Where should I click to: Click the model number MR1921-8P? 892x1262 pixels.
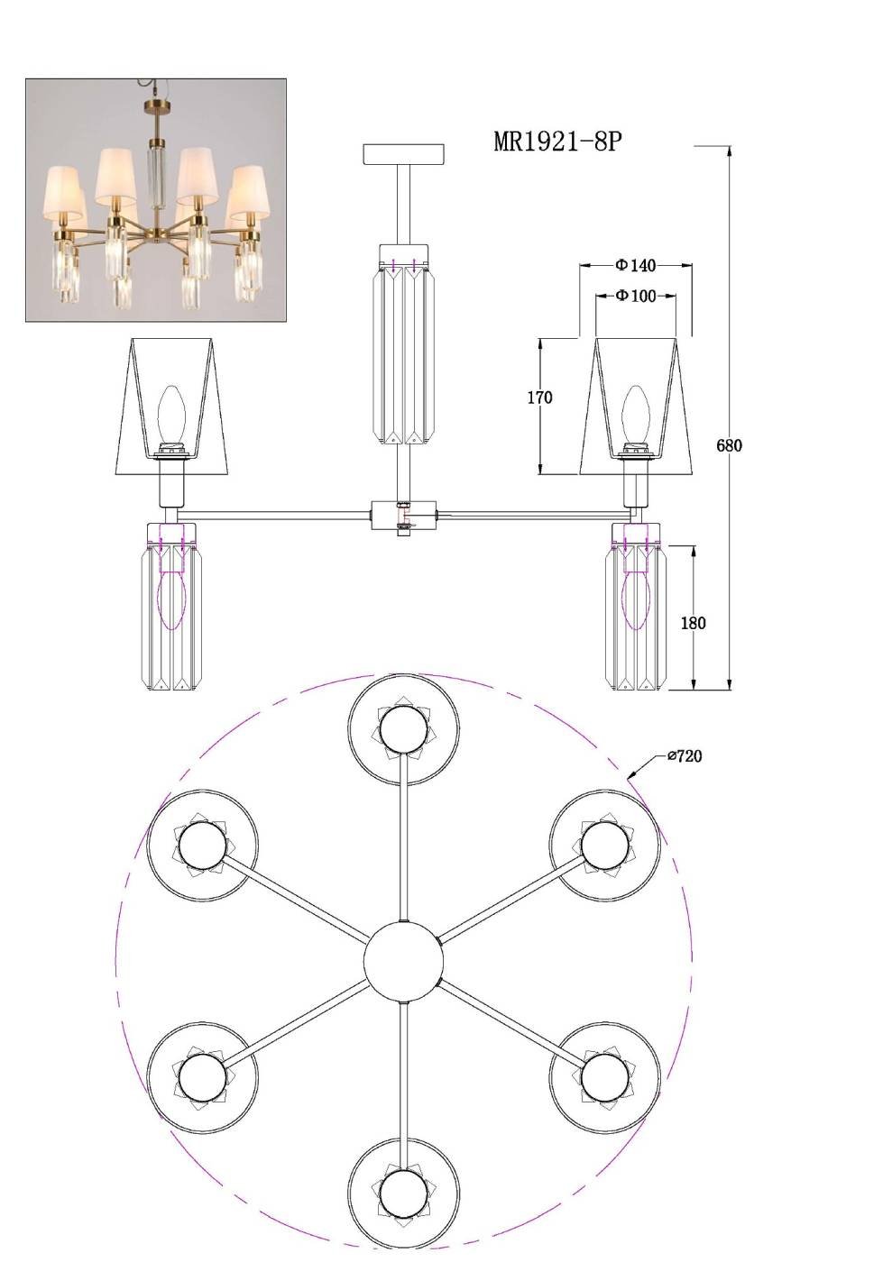pos(557,142)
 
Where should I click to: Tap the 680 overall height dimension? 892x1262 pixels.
pos(729,445)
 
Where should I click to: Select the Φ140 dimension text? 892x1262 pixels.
pos(636,264)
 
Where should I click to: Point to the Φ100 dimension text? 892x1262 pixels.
pos(636,296)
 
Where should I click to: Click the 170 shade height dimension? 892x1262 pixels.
pos(539,398)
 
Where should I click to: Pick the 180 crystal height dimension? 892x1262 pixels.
pos(693,623)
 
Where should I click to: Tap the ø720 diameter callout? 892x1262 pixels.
pos(685,756)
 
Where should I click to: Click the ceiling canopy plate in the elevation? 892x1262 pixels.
pos(404,154)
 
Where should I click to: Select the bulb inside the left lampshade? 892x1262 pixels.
pos(170,416)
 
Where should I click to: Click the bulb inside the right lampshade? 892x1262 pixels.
pos(635,416)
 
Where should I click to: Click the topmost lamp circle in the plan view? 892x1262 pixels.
pos(404,729)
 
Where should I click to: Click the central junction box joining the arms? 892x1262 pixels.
pos(404,515)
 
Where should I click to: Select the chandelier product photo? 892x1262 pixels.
pos(156,200)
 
